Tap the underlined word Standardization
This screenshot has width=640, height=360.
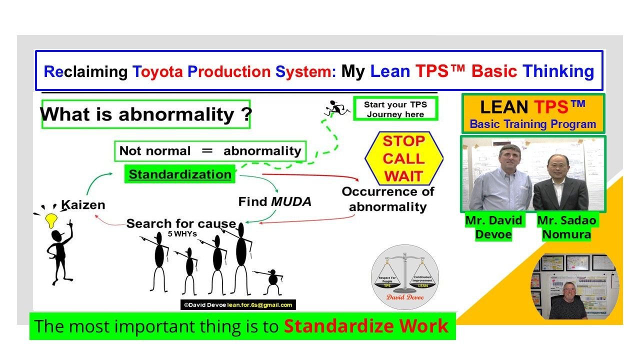pos(180,174)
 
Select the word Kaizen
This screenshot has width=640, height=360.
pos(83,204)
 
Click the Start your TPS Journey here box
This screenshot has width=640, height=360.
pos(395,109)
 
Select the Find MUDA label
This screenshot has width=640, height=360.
pos(274,201)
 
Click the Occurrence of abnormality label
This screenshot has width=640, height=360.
pos(388,199)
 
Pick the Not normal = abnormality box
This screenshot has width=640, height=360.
pos(210,151)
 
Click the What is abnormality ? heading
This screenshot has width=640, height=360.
pos(145,114)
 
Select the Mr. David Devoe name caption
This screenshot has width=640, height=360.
pos(494,227)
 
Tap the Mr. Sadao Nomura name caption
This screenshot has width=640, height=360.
pos(566,227)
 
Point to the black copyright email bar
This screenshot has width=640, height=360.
pos(238,304)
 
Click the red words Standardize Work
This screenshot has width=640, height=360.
pos(366,326)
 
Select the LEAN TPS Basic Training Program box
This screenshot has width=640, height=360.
pos(533,114)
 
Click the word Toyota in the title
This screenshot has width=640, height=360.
pos(158,71)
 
